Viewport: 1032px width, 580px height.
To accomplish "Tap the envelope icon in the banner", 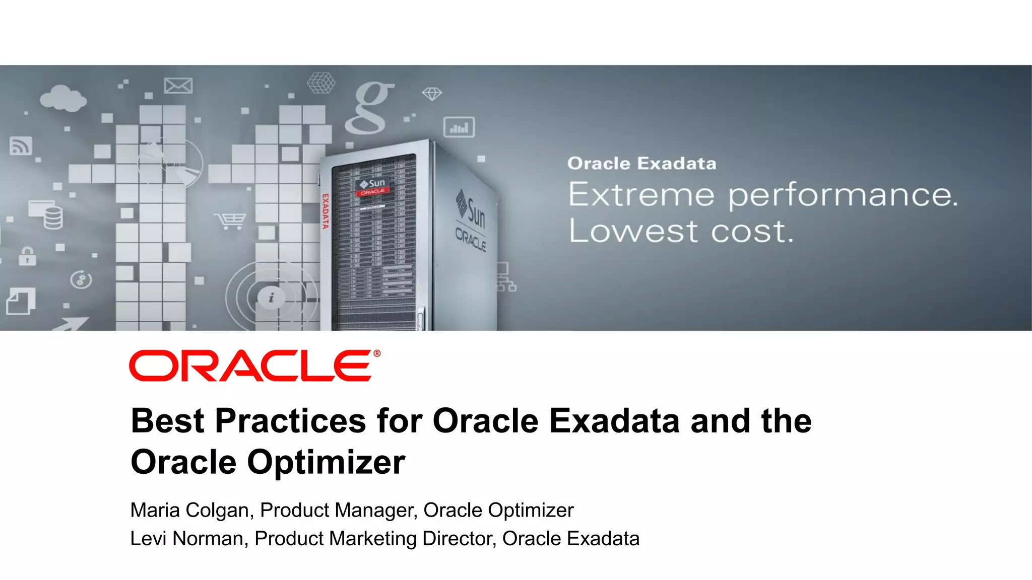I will point(178,86).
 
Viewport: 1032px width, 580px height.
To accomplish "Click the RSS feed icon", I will point(21,146).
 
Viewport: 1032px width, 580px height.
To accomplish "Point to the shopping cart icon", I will point(230,221).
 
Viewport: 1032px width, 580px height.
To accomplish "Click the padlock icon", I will point(27,256).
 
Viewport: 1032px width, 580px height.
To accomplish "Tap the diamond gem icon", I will point(432,94).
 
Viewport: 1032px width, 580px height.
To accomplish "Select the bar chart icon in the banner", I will point(459,127).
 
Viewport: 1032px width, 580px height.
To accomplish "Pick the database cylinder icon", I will point(53,217).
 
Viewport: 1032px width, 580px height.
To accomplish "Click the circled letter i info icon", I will point(271,298).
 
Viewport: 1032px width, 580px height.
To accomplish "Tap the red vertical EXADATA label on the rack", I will point(326,211).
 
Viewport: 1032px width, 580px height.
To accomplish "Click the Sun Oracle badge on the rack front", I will point(372,186).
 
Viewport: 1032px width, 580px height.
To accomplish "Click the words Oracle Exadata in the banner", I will point(641,164).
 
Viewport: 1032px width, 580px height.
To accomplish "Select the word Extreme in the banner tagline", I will point(641,195).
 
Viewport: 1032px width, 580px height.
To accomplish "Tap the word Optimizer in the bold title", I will point(326,462).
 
